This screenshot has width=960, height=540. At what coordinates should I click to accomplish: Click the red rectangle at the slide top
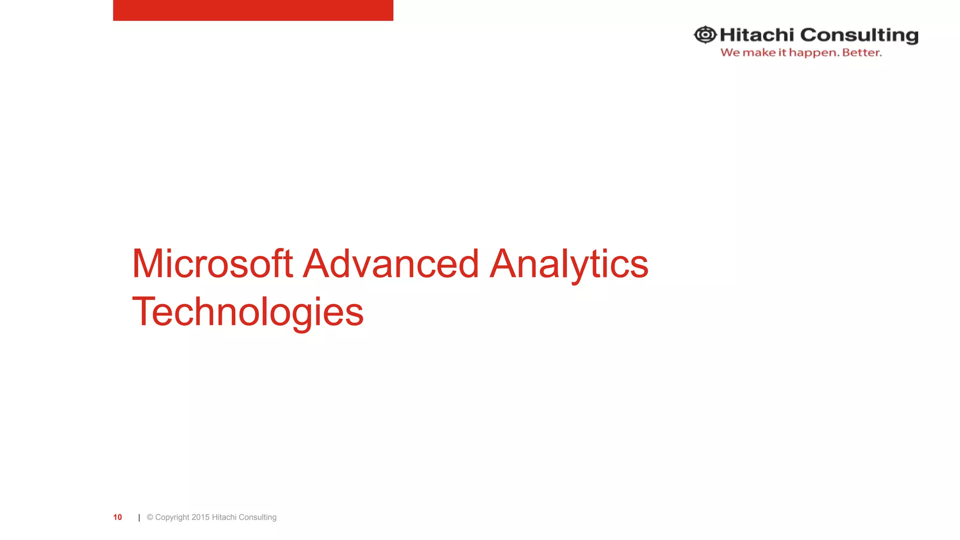[x=253, y=10]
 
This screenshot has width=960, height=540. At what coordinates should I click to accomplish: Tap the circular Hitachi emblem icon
[x=705, y=35]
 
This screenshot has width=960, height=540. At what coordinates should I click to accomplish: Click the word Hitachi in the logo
[x=757, y=35]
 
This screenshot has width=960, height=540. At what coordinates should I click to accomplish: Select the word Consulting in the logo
[x=859, y=36]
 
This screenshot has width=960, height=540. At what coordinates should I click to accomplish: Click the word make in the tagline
[x=759, y=52]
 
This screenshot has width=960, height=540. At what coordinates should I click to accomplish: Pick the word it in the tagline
[x=782, y=52]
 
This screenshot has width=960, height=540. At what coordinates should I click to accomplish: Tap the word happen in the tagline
[x=814, y=53]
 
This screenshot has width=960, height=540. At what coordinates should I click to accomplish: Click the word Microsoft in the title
[x=212, y=263]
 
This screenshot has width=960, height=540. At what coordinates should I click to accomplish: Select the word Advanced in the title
[x=391, y=263]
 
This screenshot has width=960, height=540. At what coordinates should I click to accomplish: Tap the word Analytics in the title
[x=569, y=264]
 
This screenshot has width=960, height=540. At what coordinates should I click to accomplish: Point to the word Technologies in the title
[x=247, y=312]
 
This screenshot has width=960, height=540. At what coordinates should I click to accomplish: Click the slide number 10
[x=118, y=517]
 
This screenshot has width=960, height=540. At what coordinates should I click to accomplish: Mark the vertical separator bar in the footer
[x=139, y=517]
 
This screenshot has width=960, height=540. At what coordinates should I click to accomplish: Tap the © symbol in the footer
[x=150, y=517]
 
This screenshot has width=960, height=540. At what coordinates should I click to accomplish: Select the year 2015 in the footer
[x=201, y=517]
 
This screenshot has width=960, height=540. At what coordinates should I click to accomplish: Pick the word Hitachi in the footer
[x=224, y=517]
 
